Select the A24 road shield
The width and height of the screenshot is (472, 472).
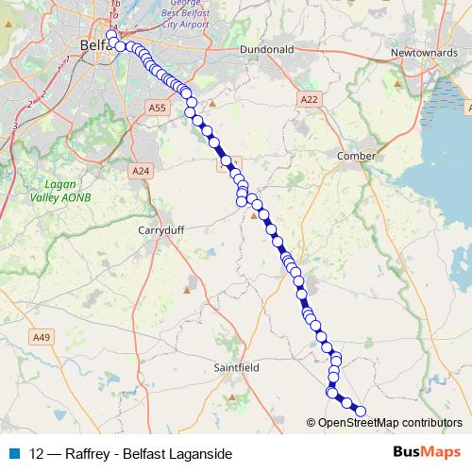pos(141,170)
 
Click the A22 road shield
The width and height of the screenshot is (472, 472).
pos(310,99)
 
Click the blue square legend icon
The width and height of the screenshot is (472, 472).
pos(12,453)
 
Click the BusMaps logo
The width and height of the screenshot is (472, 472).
pos(426,452)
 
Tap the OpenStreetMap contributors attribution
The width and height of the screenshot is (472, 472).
pos(390,423)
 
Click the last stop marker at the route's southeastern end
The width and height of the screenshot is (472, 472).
pos(360,411)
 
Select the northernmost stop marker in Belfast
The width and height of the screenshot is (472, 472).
pos(111,35)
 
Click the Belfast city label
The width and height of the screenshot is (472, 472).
pos(95,44)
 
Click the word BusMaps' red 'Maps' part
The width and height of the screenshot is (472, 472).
pos(441,452)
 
